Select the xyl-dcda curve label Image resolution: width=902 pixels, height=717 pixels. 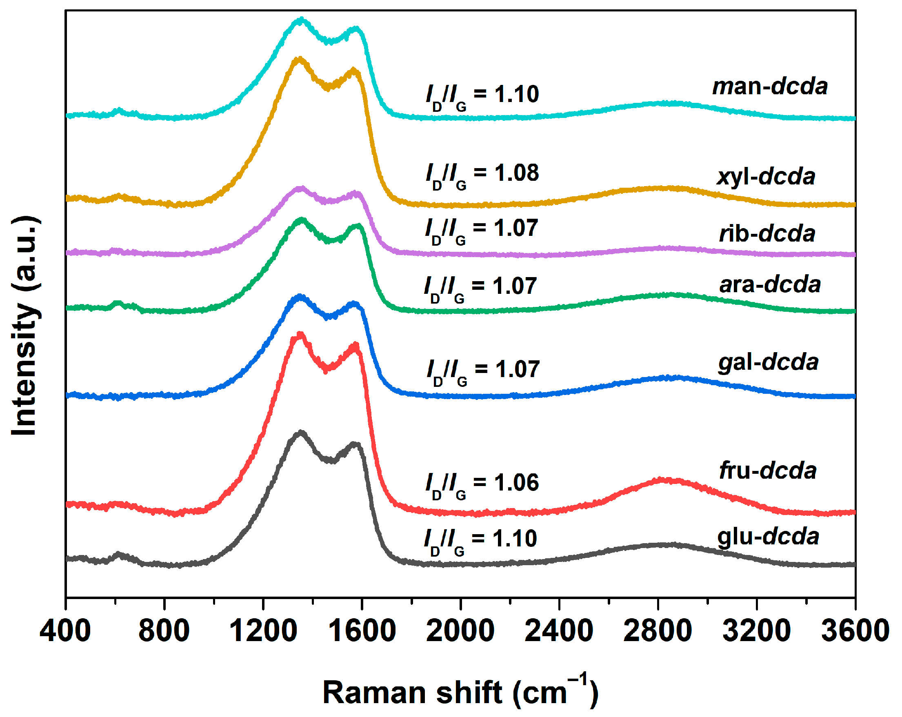coord(766,177)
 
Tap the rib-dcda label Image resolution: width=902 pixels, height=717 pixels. coord(766,233)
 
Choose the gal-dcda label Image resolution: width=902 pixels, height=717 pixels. coord(768,362)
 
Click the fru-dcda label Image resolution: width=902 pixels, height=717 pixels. coord(767,471)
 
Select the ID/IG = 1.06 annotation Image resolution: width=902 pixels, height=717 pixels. coord(482,485)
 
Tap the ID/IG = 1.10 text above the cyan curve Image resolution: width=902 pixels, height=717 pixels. coord(482,96)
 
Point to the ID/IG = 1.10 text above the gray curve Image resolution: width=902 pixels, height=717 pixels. coord(480,541)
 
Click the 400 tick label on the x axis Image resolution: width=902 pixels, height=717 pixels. coord(65,631)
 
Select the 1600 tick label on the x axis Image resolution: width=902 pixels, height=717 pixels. coord(362,631)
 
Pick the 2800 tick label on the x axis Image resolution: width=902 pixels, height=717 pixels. coord(658,631)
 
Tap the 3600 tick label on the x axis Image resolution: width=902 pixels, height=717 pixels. coord(855,631)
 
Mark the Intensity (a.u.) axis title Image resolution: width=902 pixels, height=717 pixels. coord(25,326)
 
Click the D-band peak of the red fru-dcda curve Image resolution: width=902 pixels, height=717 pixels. coord(300,335)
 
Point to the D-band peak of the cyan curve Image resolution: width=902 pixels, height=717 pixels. coord(301,19)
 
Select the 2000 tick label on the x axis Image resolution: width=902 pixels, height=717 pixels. coord(460,631)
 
